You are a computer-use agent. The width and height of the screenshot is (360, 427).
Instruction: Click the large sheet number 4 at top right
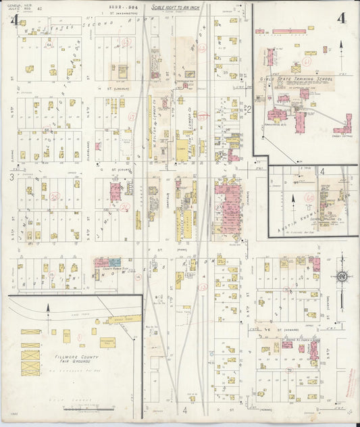(342, 18)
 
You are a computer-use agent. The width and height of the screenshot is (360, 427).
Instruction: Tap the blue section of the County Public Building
(115, 261)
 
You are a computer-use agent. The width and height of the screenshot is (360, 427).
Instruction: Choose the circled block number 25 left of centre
(55, 196)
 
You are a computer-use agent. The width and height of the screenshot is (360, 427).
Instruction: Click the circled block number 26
(125, 207)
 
